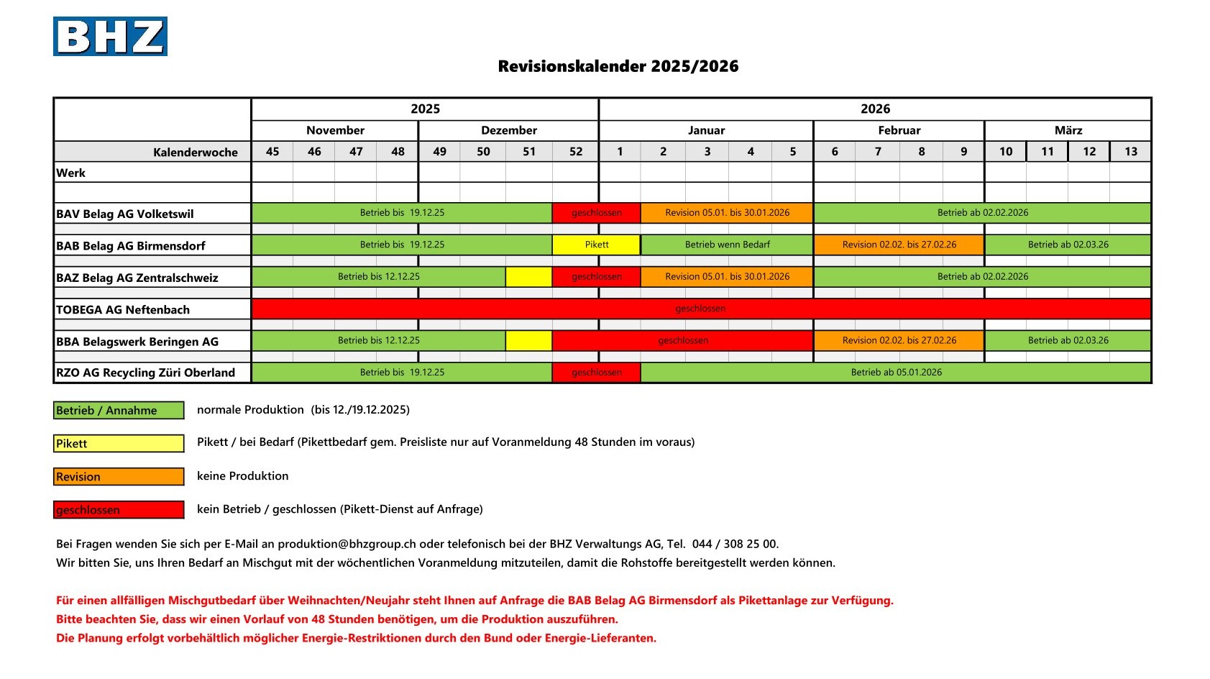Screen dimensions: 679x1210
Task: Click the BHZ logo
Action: point(110,37)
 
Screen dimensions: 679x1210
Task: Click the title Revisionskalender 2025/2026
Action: point(618,67)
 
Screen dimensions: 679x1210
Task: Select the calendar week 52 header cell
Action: point(576,152)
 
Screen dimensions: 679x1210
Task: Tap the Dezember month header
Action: point(508,130)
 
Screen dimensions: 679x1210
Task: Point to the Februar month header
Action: point(899,130)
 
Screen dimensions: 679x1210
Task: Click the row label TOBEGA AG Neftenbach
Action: point(123,309)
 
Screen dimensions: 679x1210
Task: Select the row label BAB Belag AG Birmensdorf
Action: point(131,245)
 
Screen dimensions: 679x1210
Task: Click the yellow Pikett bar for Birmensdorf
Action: point(596,245)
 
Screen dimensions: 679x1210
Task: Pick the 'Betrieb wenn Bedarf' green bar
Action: point(727,245)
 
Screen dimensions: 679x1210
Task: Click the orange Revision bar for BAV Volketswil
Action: point(727,213)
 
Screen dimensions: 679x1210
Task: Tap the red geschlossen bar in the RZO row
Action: point(596,373)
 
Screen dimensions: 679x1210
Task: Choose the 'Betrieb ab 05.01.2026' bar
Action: point(896,373)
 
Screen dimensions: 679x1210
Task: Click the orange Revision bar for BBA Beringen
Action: point(899,340)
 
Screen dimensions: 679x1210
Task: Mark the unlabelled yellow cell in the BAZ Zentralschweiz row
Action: point(528,277)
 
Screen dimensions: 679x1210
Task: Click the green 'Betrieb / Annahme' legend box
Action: point(119,411)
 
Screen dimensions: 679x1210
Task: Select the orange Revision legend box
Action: point(119,477)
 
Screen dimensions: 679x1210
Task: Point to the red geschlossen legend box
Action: point(119,510)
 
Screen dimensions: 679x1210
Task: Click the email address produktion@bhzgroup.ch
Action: point(347,544)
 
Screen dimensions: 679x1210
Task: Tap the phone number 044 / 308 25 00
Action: point(734,544)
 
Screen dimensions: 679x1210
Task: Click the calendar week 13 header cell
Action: point(1130,152)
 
